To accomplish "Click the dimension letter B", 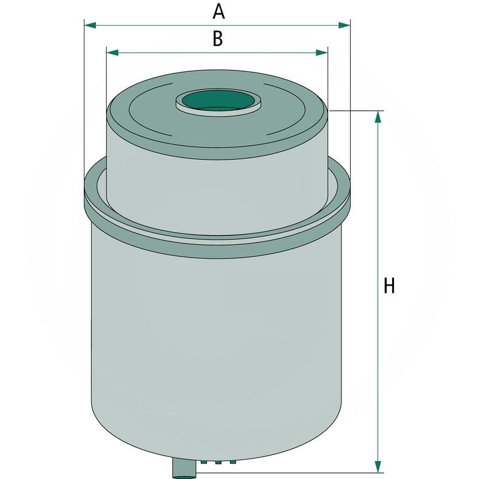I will click(x=217, y=39).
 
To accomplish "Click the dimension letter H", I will click(x=389, y=286).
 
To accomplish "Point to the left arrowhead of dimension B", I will click(x=111, y=53).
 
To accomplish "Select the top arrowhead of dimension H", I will click(x=378, y=117).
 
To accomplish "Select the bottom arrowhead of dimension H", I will click(x=378, y=462).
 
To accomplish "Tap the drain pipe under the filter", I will click(x=184, y=468).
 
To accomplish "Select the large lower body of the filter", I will click(x=216, y=335).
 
